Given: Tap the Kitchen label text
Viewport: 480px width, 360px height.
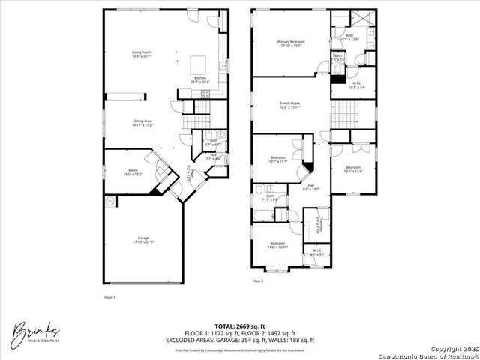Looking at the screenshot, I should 201,79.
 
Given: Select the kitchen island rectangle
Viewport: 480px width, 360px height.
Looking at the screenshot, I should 198,63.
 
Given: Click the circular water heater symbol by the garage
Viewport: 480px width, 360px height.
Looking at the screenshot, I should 111,201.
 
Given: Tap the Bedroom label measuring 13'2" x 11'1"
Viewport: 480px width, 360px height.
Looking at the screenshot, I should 278,159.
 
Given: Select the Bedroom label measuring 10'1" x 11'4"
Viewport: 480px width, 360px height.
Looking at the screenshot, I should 352,169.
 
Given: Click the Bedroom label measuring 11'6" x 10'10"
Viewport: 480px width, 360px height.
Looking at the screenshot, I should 277,245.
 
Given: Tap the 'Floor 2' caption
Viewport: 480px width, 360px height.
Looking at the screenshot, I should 258,281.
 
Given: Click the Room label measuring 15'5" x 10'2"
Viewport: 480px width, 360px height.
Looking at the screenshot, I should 133,172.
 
